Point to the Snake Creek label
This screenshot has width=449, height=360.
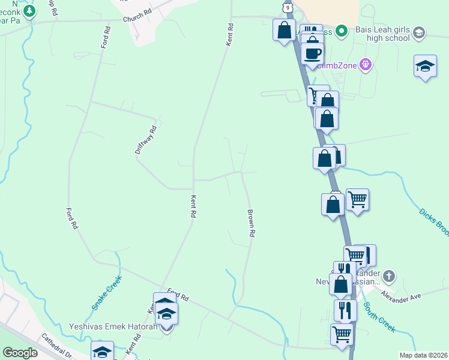click(x=106, y=292)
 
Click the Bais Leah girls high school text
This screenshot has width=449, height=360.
click(x=381, y=34)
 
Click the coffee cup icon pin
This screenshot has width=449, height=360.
click(x=312, y=53)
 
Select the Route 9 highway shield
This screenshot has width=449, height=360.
click(x=289, y=6)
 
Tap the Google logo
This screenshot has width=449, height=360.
click(x=20, y=353)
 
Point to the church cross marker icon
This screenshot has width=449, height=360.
click(x=389, y=277)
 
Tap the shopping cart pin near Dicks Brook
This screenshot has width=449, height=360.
click(x=357, y=199)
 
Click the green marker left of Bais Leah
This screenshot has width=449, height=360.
click(x=341, y=30)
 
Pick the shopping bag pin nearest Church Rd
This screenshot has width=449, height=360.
click(x=284, y=29)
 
